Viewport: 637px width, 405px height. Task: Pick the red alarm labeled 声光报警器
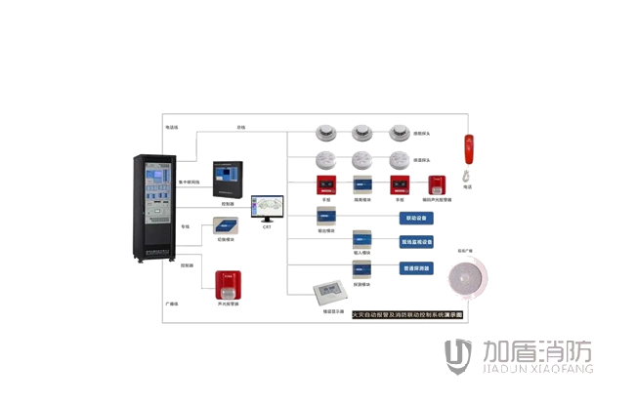click(x=228, y=283)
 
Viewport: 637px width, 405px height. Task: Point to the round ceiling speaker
click(x=464, y=278)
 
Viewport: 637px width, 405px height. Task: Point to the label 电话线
click(x=172, y=127)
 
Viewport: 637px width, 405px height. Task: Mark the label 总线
click(x=240, y=127)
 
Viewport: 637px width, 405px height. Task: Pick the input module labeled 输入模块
click(x=361, y=240)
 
